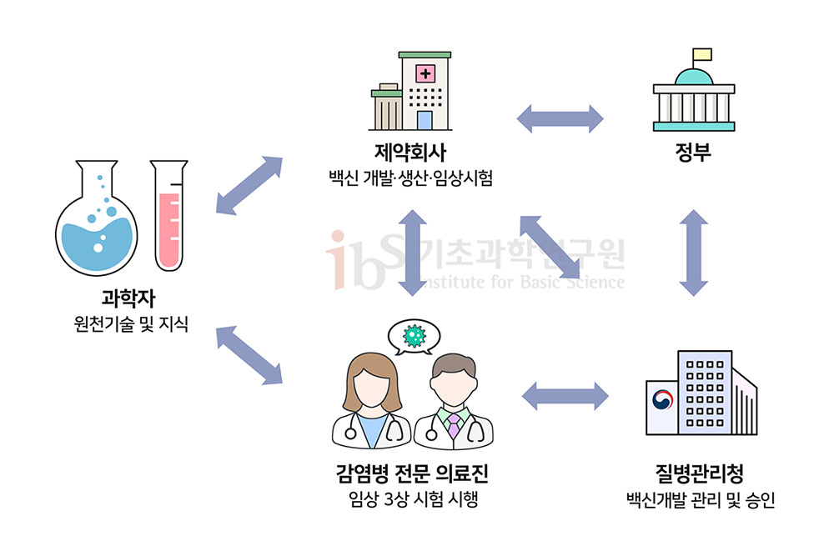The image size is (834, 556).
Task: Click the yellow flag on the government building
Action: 702,55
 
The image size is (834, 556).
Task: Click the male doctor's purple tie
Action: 452,426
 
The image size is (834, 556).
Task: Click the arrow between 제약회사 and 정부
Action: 560,118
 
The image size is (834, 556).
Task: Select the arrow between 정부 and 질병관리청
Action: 694,253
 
